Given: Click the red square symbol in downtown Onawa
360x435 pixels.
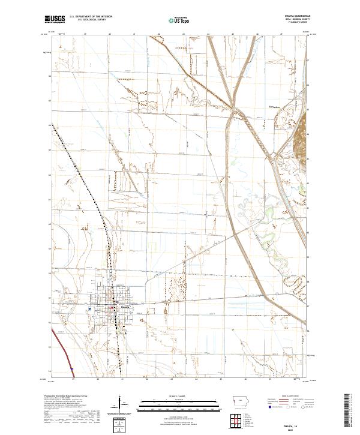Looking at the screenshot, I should point(111,308).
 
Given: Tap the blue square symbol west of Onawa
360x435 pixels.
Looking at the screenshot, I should point(89,309).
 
